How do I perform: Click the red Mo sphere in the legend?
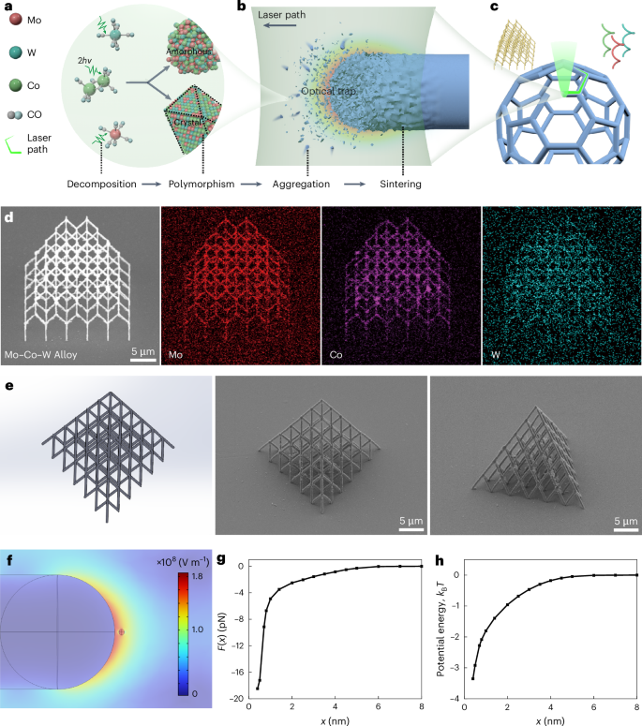click(x=16, y=19)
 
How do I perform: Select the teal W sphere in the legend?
click(x=16, y=52)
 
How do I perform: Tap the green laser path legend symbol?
click(x=13, y=145)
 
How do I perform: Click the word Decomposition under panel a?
click(x=101, y=184)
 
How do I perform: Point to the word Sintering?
click(x=401, y=184)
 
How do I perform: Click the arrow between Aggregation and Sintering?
click(x=354, y=184)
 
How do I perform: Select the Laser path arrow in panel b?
click(x=280, y=25)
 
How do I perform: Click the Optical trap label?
click(x=328, y=91)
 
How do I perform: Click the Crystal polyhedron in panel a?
click(x=192, y=121)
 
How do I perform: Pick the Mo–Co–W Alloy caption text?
click(x=40, y=355)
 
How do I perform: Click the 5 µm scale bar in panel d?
click(x=143, y=360)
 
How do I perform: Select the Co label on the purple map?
click(x=336, y=355)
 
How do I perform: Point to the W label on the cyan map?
click(x=496, y=355)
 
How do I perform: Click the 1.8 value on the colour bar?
click(x=198, y=576)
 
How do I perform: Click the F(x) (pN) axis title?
click(x=222, y=632)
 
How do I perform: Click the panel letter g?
click(x=221, y=559)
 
